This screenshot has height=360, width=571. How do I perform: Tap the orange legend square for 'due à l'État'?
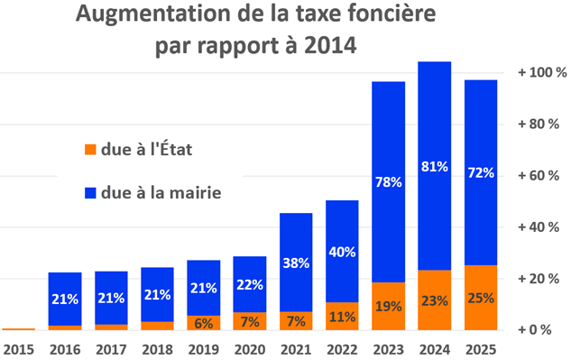(89, 148)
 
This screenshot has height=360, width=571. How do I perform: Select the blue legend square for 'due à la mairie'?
(89, 191)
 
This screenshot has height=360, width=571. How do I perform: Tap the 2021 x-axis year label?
(295, 347)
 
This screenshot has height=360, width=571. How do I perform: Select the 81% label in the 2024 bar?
(434, 166)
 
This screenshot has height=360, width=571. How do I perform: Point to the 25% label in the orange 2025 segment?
(480, 299)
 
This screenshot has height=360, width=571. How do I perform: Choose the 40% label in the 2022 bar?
(341, 251)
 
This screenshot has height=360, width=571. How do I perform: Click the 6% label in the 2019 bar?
(203, 323)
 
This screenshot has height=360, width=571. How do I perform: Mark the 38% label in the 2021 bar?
(295, 263)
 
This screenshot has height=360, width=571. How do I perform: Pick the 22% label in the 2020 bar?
(249, 284)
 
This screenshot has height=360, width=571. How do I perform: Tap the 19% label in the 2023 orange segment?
(387, 307)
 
